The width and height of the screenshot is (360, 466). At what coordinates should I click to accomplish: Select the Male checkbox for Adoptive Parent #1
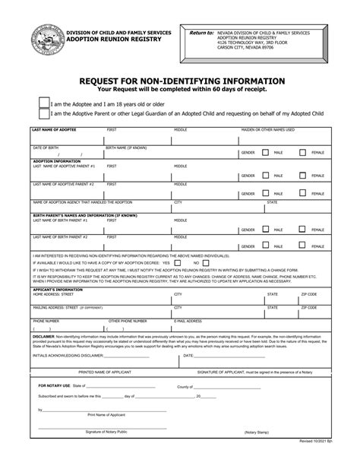click(x=266, y=174)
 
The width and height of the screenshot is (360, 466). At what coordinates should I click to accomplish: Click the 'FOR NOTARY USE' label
click(x=54, y=386)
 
